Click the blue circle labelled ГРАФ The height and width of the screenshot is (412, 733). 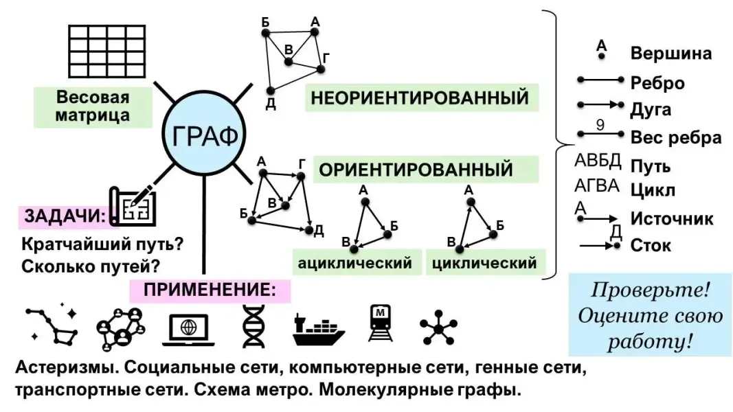(205, 135)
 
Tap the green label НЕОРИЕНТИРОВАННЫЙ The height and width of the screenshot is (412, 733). (420, 98)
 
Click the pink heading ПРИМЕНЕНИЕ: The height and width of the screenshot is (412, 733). (210, 290)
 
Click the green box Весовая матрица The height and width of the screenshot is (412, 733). (93, 106)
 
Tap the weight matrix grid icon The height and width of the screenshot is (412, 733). (107, 51)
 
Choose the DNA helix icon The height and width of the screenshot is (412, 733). (253, 324)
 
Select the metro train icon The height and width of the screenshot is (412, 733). (380, 323)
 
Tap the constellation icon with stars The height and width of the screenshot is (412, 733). (52, 323)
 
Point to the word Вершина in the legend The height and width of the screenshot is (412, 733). (670, 54)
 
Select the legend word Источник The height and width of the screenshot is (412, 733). (671, 219)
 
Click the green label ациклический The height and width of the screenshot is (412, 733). (354, 263)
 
